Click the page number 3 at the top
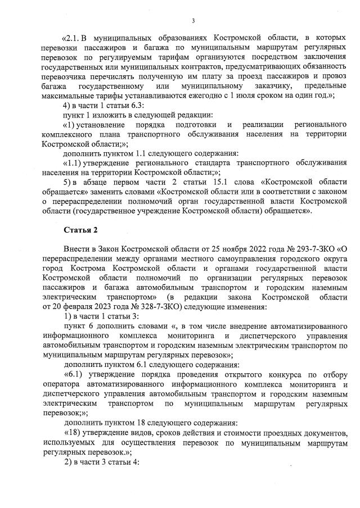[x=193, y=21]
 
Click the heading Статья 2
[x=80, y=230]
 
